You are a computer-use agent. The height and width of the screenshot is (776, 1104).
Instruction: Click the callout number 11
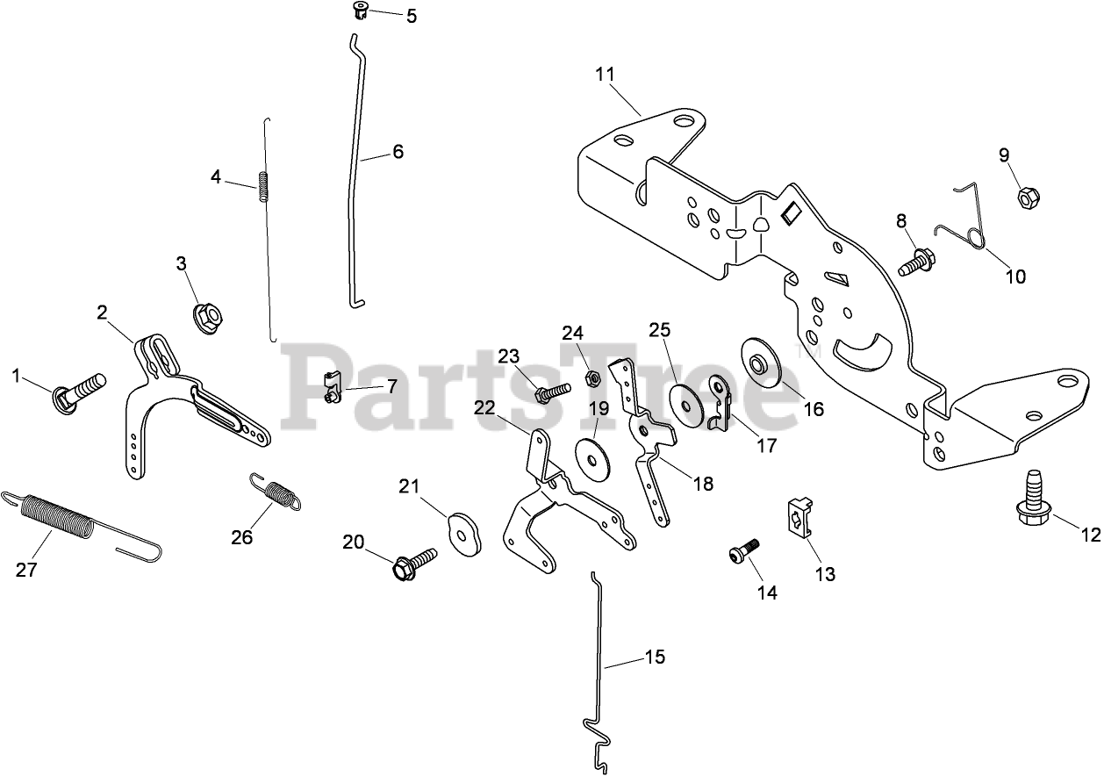[606, 75]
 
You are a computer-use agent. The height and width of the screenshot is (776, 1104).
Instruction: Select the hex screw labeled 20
[412, 562]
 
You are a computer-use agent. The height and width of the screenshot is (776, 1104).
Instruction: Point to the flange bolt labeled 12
[1032, 499]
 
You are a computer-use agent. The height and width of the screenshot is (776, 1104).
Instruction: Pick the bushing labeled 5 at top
[359, 11]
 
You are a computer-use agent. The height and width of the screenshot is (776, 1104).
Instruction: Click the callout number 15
[655, 657]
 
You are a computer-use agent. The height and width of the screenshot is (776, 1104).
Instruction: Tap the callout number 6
[398, 151]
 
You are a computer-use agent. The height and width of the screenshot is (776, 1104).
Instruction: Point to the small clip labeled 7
[330, 389]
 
